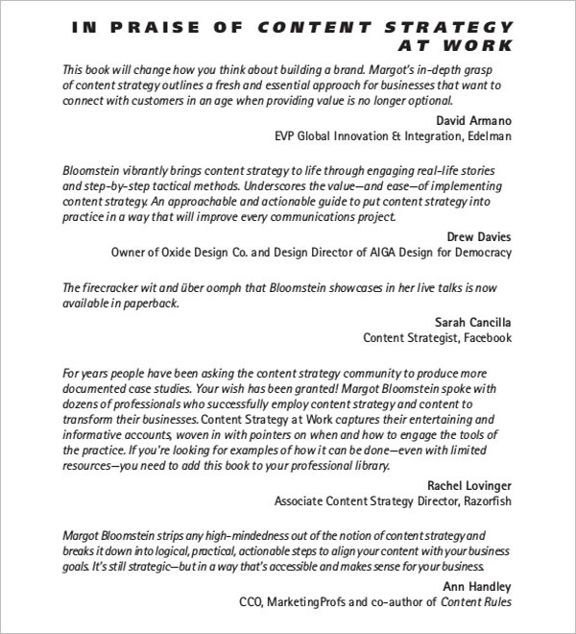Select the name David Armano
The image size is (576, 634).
coord(473,122)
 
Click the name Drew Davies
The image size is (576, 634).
coord(479,236)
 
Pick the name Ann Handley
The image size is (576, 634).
coord(477,586)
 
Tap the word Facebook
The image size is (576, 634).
coord(483,337)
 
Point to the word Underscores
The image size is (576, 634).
coord(334,186)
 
